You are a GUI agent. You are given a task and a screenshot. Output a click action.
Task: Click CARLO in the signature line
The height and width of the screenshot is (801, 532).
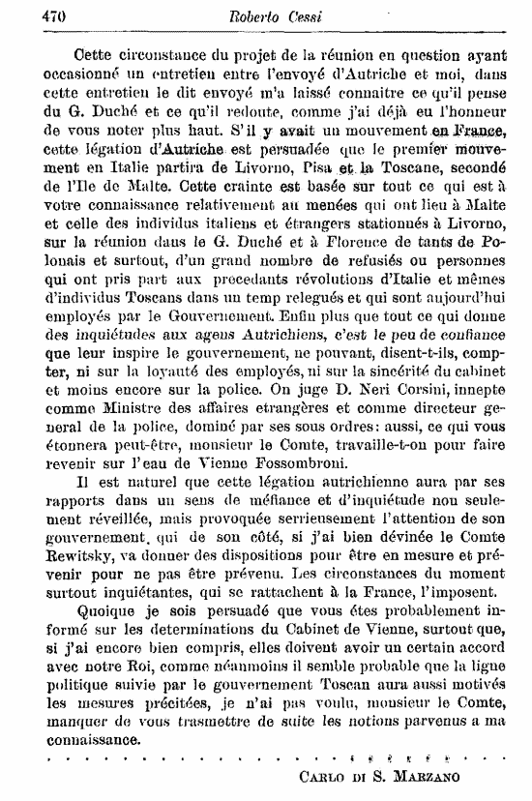click(x=320, y=776)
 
